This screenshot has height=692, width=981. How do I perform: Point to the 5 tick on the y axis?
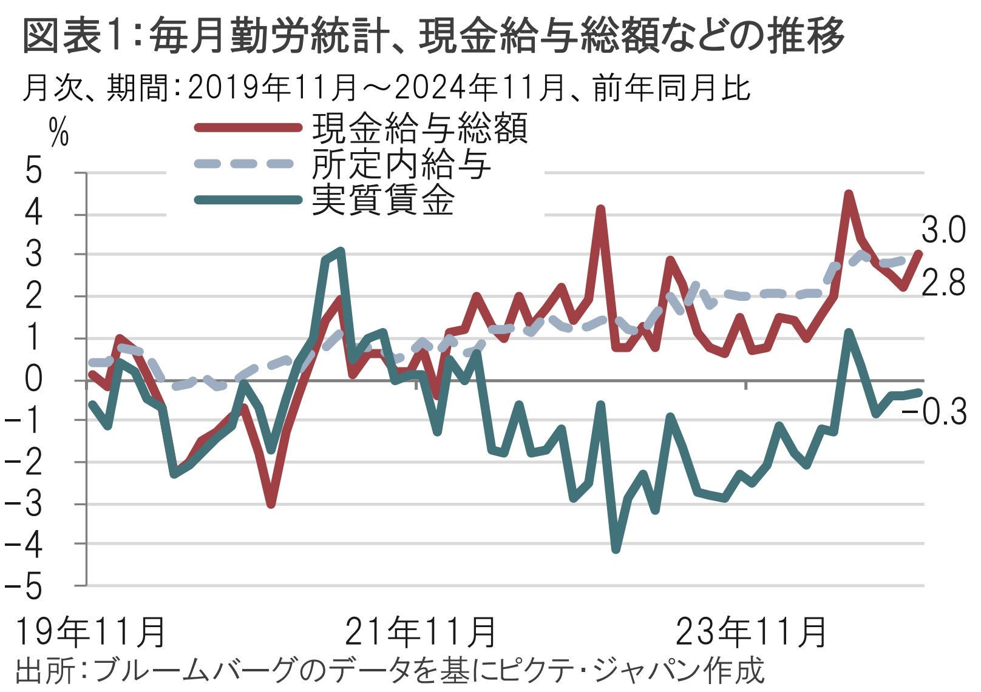33,173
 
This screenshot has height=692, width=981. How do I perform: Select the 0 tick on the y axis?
33,380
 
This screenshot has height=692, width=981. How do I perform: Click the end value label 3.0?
943,231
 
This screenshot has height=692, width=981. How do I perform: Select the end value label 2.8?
943,283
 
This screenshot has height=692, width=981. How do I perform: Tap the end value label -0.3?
934,412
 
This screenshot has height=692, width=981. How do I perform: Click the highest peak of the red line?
849,194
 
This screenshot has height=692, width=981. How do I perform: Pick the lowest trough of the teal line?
616,549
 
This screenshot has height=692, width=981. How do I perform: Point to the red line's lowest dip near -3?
271,504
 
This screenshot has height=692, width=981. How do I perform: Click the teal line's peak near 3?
341,250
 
